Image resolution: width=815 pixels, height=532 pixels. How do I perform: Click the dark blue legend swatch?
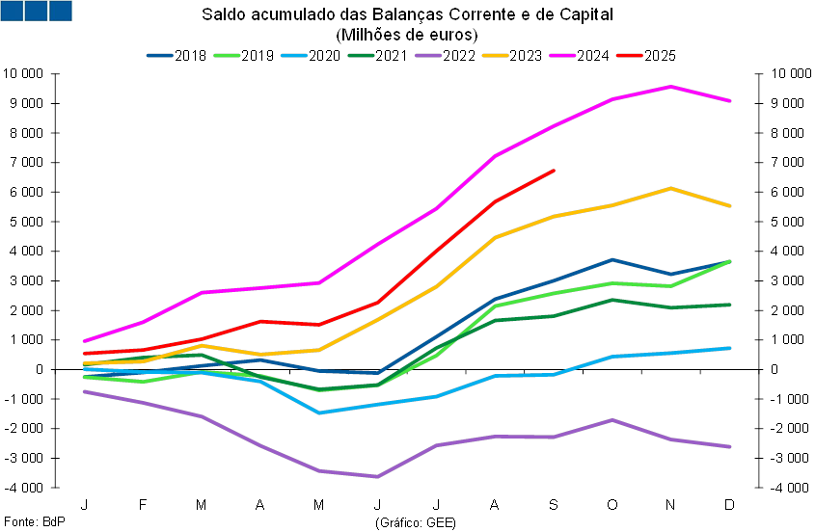[160, 56]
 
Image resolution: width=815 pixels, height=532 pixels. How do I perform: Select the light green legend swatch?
[227, 56]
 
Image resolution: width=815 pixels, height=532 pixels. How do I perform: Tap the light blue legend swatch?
[294, 56]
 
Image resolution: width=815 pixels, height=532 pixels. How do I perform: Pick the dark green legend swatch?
[361, 56]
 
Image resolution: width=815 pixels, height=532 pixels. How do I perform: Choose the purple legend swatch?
[428, 56]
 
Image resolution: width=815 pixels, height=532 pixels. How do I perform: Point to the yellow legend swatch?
[496, 56]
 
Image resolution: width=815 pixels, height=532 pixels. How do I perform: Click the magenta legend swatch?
[562, 56]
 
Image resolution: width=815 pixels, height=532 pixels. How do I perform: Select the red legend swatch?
[630, 56]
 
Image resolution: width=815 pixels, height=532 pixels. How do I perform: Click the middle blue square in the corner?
[36, 11]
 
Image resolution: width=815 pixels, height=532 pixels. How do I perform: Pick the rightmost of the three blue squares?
[61, 11]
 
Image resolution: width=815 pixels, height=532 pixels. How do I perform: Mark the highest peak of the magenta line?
[671, 87]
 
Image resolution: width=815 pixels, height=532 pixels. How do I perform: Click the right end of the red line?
[555, 171]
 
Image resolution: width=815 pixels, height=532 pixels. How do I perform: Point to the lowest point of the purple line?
[376, 476]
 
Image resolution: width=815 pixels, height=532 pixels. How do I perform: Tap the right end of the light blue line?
[731, 348]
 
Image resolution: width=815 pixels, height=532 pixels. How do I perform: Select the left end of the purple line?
[84, 391]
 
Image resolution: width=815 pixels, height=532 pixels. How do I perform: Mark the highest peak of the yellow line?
[671, 188]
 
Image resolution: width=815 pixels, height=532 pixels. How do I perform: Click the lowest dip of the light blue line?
[318, 412]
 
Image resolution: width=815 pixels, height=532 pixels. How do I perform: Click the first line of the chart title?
[406, 15]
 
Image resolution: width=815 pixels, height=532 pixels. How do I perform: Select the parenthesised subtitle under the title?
[406, 36]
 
